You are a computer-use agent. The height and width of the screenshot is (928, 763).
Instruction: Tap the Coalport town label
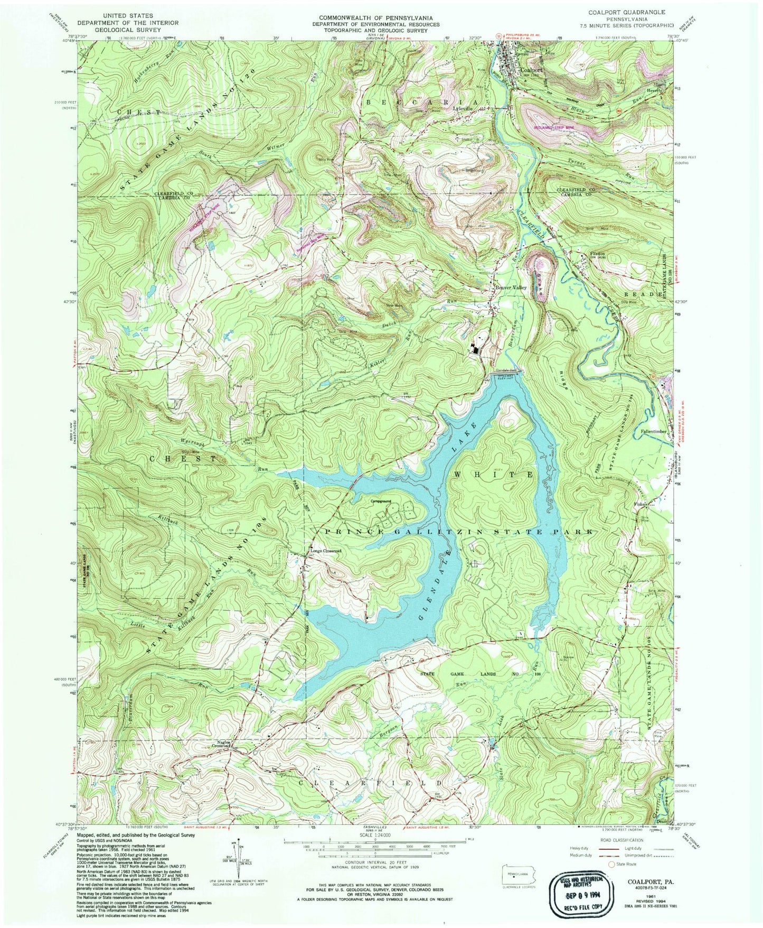click(x=531, y=69)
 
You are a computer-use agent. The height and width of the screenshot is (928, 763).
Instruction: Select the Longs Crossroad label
click(x=325, y=551)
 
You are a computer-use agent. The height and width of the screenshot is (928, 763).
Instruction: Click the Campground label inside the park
click(x=380, y=500)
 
